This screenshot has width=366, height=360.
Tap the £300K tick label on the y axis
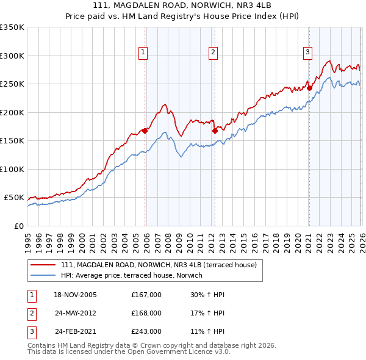pyautogui.click(x=12, y=56)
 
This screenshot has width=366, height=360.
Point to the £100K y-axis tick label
pyautogui.click(x=12, y=169)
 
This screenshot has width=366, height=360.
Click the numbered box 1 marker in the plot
pyautogui.click(x=143, y=53)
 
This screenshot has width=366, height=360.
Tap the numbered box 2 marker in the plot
pyautogui.click(x=213, y=53)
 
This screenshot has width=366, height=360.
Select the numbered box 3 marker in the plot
pyautogui.click(x=307, y=53)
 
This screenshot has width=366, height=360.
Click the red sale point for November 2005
pyautogui.click(x=145, y=131)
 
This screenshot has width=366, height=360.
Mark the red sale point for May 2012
pyautogui.click(x=215, y=130)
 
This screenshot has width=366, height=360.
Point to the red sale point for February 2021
pyautogui.click(x=309, y=88)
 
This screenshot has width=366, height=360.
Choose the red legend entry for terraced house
pyautogui.click(x=162, y=265)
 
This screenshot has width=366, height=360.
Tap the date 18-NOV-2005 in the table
pyautogui.click(x=74, y=295)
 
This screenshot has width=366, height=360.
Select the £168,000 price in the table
pyautogui.click(x=146, y=313)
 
